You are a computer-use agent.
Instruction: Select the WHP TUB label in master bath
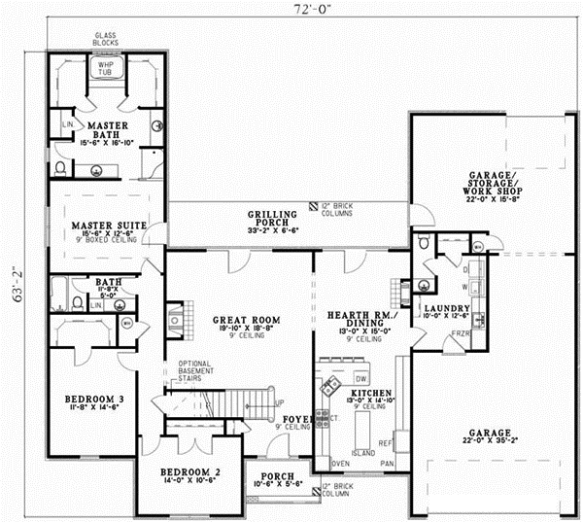click(x=105, y=69)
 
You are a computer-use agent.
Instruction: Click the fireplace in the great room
click(x=174, y=317)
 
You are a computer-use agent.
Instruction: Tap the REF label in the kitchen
click(x=385, y=442)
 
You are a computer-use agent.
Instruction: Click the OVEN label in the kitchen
click(x=340, y=463)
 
